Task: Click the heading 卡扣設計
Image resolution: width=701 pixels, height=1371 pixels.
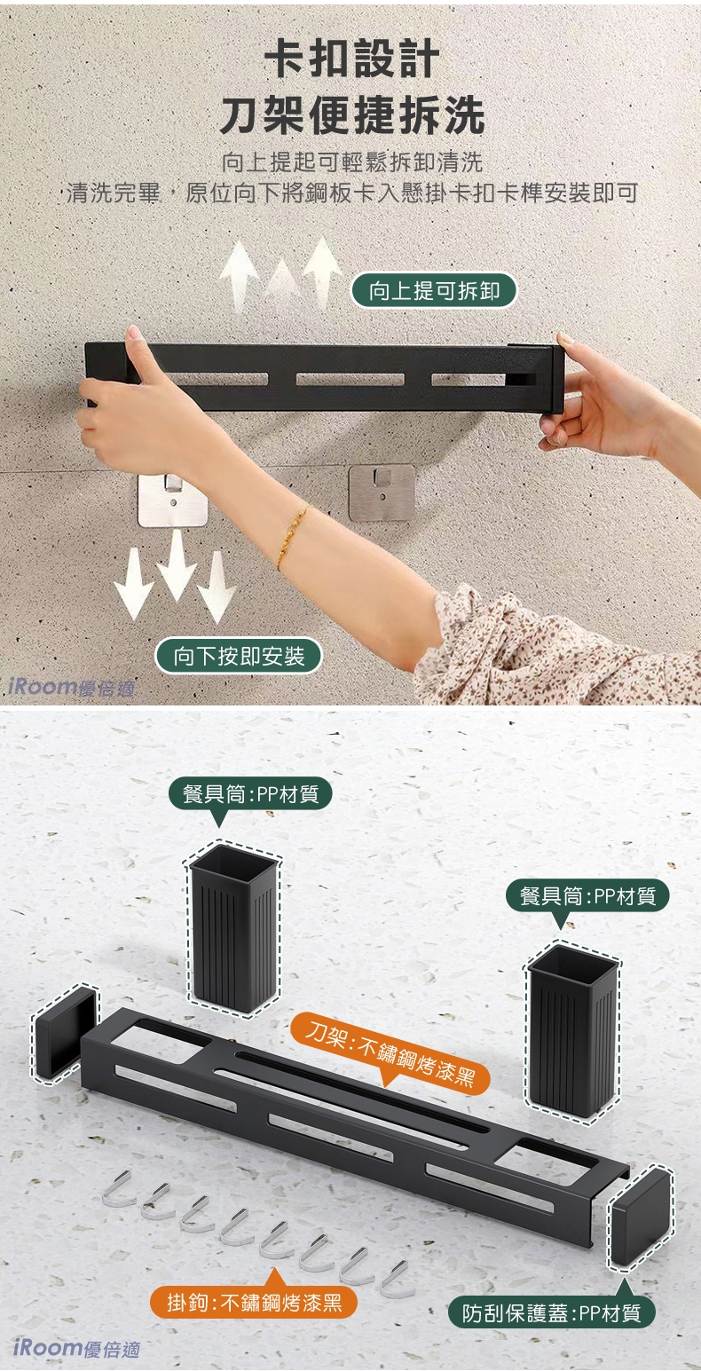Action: pyautogui.click(x=351, y=59)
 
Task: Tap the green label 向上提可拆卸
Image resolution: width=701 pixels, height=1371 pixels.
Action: pyautogui.click(x=433, y=291)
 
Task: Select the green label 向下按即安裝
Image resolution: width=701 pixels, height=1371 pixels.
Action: pyautogui.click(x=239, y=656)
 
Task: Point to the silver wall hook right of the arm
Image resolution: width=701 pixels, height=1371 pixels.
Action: pyautogui.click(x=382, y=492)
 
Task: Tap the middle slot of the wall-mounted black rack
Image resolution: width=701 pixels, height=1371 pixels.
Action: pyautogui.click(x=350, y=380)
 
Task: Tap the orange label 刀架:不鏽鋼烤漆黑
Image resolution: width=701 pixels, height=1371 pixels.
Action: pyautogui.click(x=390, y=1049)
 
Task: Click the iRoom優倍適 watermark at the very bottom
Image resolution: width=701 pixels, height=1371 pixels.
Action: pyautogui.click(x=76, y=1348)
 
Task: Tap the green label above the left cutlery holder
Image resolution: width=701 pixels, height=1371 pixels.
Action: pyautogui.click(x=251, y=794)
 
